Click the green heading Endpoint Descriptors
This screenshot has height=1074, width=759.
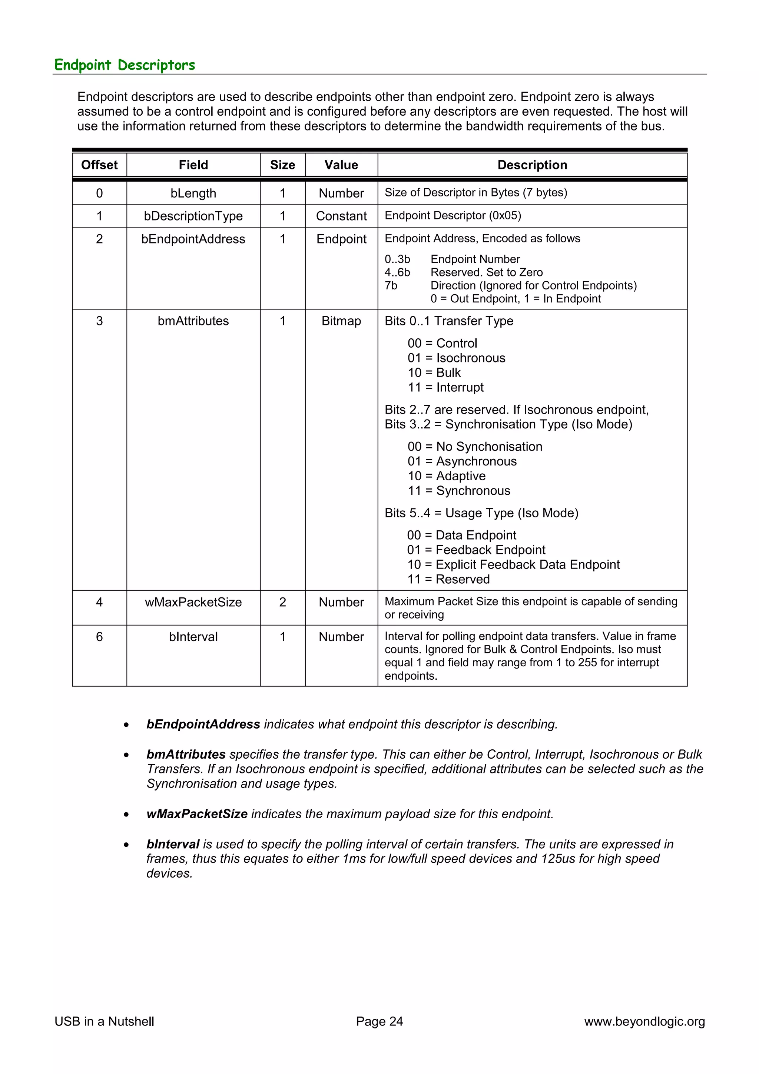[x=125, y=64]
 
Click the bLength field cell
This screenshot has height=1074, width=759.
[x=193, y=193]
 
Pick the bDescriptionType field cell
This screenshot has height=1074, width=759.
[x=193, y=216]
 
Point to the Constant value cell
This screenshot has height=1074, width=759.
[x=341, y=216]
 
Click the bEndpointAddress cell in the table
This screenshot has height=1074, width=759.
[x=193, y=239]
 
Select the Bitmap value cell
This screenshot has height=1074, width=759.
[x=341, y=321]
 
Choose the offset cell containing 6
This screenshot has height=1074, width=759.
[x=99, y=637]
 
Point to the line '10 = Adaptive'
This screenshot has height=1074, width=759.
[x=446, y=476]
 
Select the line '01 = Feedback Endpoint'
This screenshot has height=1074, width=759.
[x=476, y=550]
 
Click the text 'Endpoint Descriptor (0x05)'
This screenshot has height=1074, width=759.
[x=453, y=215]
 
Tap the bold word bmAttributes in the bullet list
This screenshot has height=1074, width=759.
[x=186, y=754]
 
